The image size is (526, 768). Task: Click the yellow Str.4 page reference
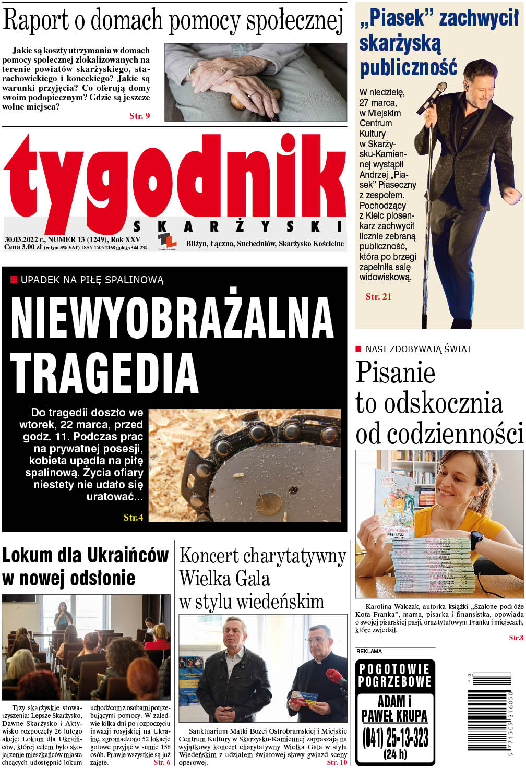pos(133,518)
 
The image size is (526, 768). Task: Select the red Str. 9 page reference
pos(139,116)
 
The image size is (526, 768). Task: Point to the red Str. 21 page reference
pos(378,297)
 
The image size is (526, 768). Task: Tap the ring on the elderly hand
pos(250,95)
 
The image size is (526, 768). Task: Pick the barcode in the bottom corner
pos(489,712)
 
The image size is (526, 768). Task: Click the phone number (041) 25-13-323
pos(395,737)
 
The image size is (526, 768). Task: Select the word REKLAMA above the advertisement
pos(369,651)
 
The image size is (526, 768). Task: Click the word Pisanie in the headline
pos(395,373)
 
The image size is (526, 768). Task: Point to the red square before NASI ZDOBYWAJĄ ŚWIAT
pos(358,349)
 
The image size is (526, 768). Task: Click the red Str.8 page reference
pos(516,638)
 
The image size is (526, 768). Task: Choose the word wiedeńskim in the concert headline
pos(284,602)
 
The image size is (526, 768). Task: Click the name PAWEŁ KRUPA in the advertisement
pos(394,715)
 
